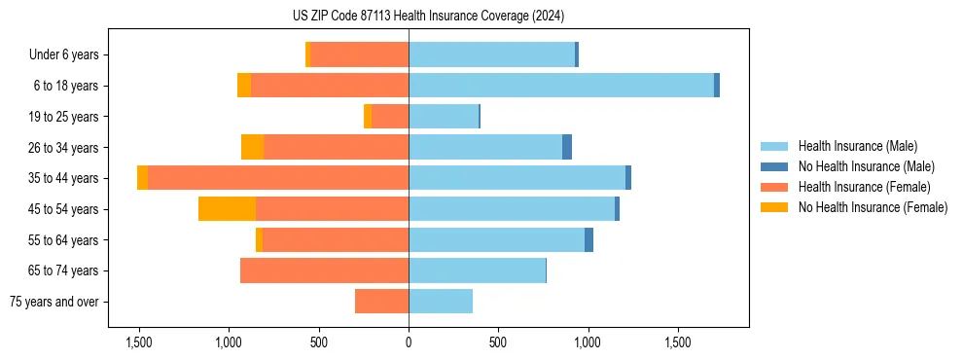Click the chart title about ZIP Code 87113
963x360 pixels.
[x=428, y=17]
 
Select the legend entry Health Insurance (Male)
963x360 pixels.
[x=857, y=146]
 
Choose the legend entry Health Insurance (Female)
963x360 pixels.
[x=864, y=187]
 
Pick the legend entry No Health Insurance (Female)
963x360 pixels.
[x=873, y=207]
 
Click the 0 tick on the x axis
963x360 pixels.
[x=409, y=343]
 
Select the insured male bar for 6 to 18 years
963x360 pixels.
[x=561, y=86]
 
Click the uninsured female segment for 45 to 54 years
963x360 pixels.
[x=227, y=209]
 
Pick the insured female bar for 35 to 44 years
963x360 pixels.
[x=278, y=178]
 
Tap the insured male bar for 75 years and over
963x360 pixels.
[x=441, y=302]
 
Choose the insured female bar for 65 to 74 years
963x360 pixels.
[x=324, y=270]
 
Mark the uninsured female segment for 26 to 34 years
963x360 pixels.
[x=252, y=147]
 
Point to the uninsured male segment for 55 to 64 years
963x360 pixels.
[x=589, y=240]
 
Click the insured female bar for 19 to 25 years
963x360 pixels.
[x=390, y=117]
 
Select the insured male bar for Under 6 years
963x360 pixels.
[x=491, y=55]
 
